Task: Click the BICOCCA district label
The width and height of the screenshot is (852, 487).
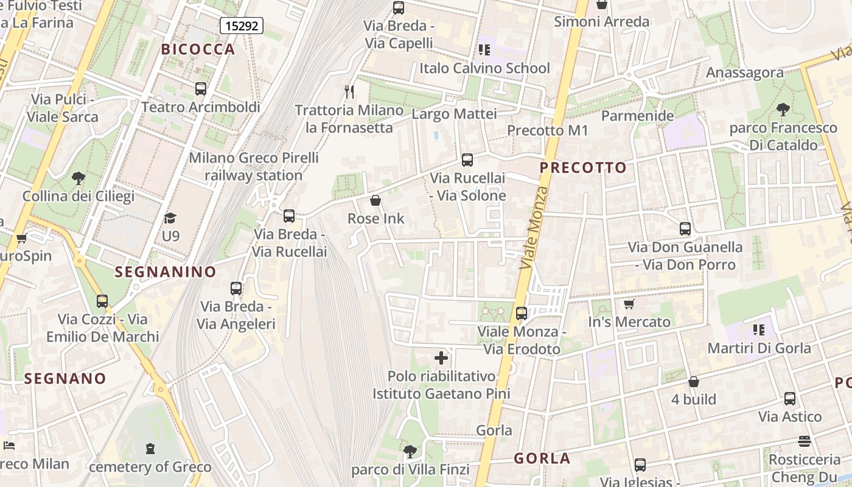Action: click(198, 49)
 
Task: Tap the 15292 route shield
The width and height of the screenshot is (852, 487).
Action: click(241, 26)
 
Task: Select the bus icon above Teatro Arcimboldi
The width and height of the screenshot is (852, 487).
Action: click(201, 89)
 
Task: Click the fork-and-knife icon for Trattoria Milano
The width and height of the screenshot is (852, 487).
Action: click(349, 92)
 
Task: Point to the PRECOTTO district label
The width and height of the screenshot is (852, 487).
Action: click(583, 167)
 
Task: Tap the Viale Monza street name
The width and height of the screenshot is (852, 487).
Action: click(534, 228)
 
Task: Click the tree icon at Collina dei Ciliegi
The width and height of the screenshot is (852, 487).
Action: click(78, 178)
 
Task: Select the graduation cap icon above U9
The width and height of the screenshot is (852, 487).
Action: click(170, 218)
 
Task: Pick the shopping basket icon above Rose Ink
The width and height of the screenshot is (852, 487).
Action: click(375, 200)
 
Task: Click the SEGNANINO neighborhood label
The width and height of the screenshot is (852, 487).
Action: click(166, 272)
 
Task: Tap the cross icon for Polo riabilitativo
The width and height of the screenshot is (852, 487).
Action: click(441, 358)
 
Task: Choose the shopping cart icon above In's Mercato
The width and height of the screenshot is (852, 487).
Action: click(629, 304)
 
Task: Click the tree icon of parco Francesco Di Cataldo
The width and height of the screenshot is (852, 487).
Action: click(783, 110)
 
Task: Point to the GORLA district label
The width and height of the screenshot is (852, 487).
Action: click(542, 458)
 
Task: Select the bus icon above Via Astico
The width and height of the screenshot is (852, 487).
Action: click(790, 399)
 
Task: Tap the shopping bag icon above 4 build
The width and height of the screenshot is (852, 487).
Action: click(694, 382)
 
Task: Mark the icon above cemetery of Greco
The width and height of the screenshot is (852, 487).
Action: click(150, 449)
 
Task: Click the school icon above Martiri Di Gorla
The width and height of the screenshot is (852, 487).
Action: click(758, 330)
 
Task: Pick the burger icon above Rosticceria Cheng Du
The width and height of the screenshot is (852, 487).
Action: click(805, 441)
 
